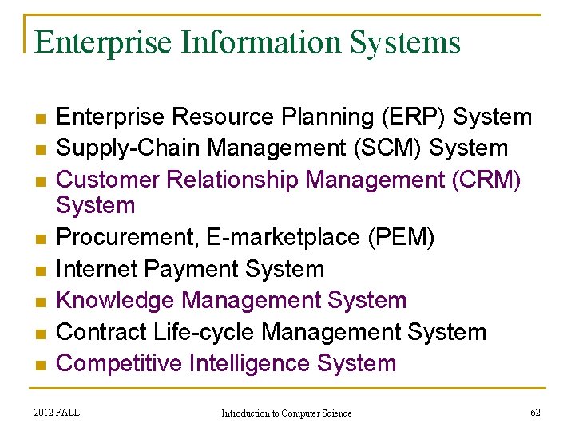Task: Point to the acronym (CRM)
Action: click(x=486, y=180)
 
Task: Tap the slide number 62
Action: click(x=535, y=413)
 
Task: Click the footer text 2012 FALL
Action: click(x=57, y=413)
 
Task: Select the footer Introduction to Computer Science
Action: click(x=287, y=413)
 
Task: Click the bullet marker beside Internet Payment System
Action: click(x=39, y=270)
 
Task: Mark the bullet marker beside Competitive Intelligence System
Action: click(x=39, y=365)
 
